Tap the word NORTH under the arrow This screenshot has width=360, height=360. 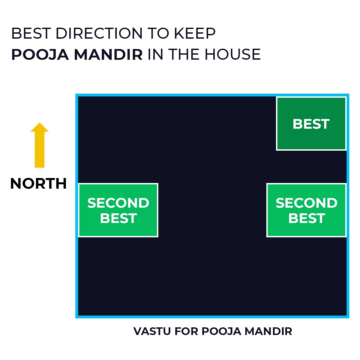point(38,184)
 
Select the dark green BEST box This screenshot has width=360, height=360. point(311,124)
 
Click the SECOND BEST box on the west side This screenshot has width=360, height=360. point(118,210)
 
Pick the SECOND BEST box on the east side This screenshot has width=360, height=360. point(306,210)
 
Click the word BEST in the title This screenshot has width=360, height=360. point(31,34)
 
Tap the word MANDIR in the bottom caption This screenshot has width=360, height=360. point(268,331)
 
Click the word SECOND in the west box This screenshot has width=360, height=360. point(118,203)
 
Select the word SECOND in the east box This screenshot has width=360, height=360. point(306,203)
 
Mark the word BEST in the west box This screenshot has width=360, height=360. point(118,218)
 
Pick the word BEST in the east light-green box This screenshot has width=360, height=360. point(306,218)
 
